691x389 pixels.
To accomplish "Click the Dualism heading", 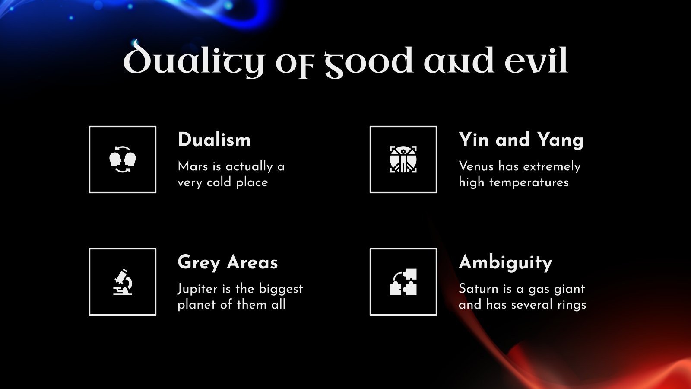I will pyautogui.click(x=214, y=140).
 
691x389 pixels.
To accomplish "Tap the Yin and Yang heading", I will pyautogui.click(x=521, y=140).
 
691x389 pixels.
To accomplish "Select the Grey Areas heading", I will pyautogui.click(x=228, y=262).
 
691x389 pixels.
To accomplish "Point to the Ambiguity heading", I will pyautogui.click(x=505, y=262).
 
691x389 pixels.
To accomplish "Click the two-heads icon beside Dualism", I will pyautogui.click(x=123, y=159).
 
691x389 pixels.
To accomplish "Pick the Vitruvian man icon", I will pyautogui.click(x=403, y=159).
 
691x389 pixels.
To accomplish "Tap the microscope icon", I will pyautogui.click(x=123, y=282).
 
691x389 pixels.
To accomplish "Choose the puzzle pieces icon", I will pyautogui.click(x=403, y=282).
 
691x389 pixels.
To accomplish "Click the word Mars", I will pyautogui.click(x=193, y=166).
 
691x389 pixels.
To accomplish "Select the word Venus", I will pyautogui.click(x=476, y=166).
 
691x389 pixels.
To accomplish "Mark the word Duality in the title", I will pyautogui.click(x=193, y=61).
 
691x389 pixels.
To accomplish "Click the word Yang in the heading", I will pyautogui.click(x=560, y=140).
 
